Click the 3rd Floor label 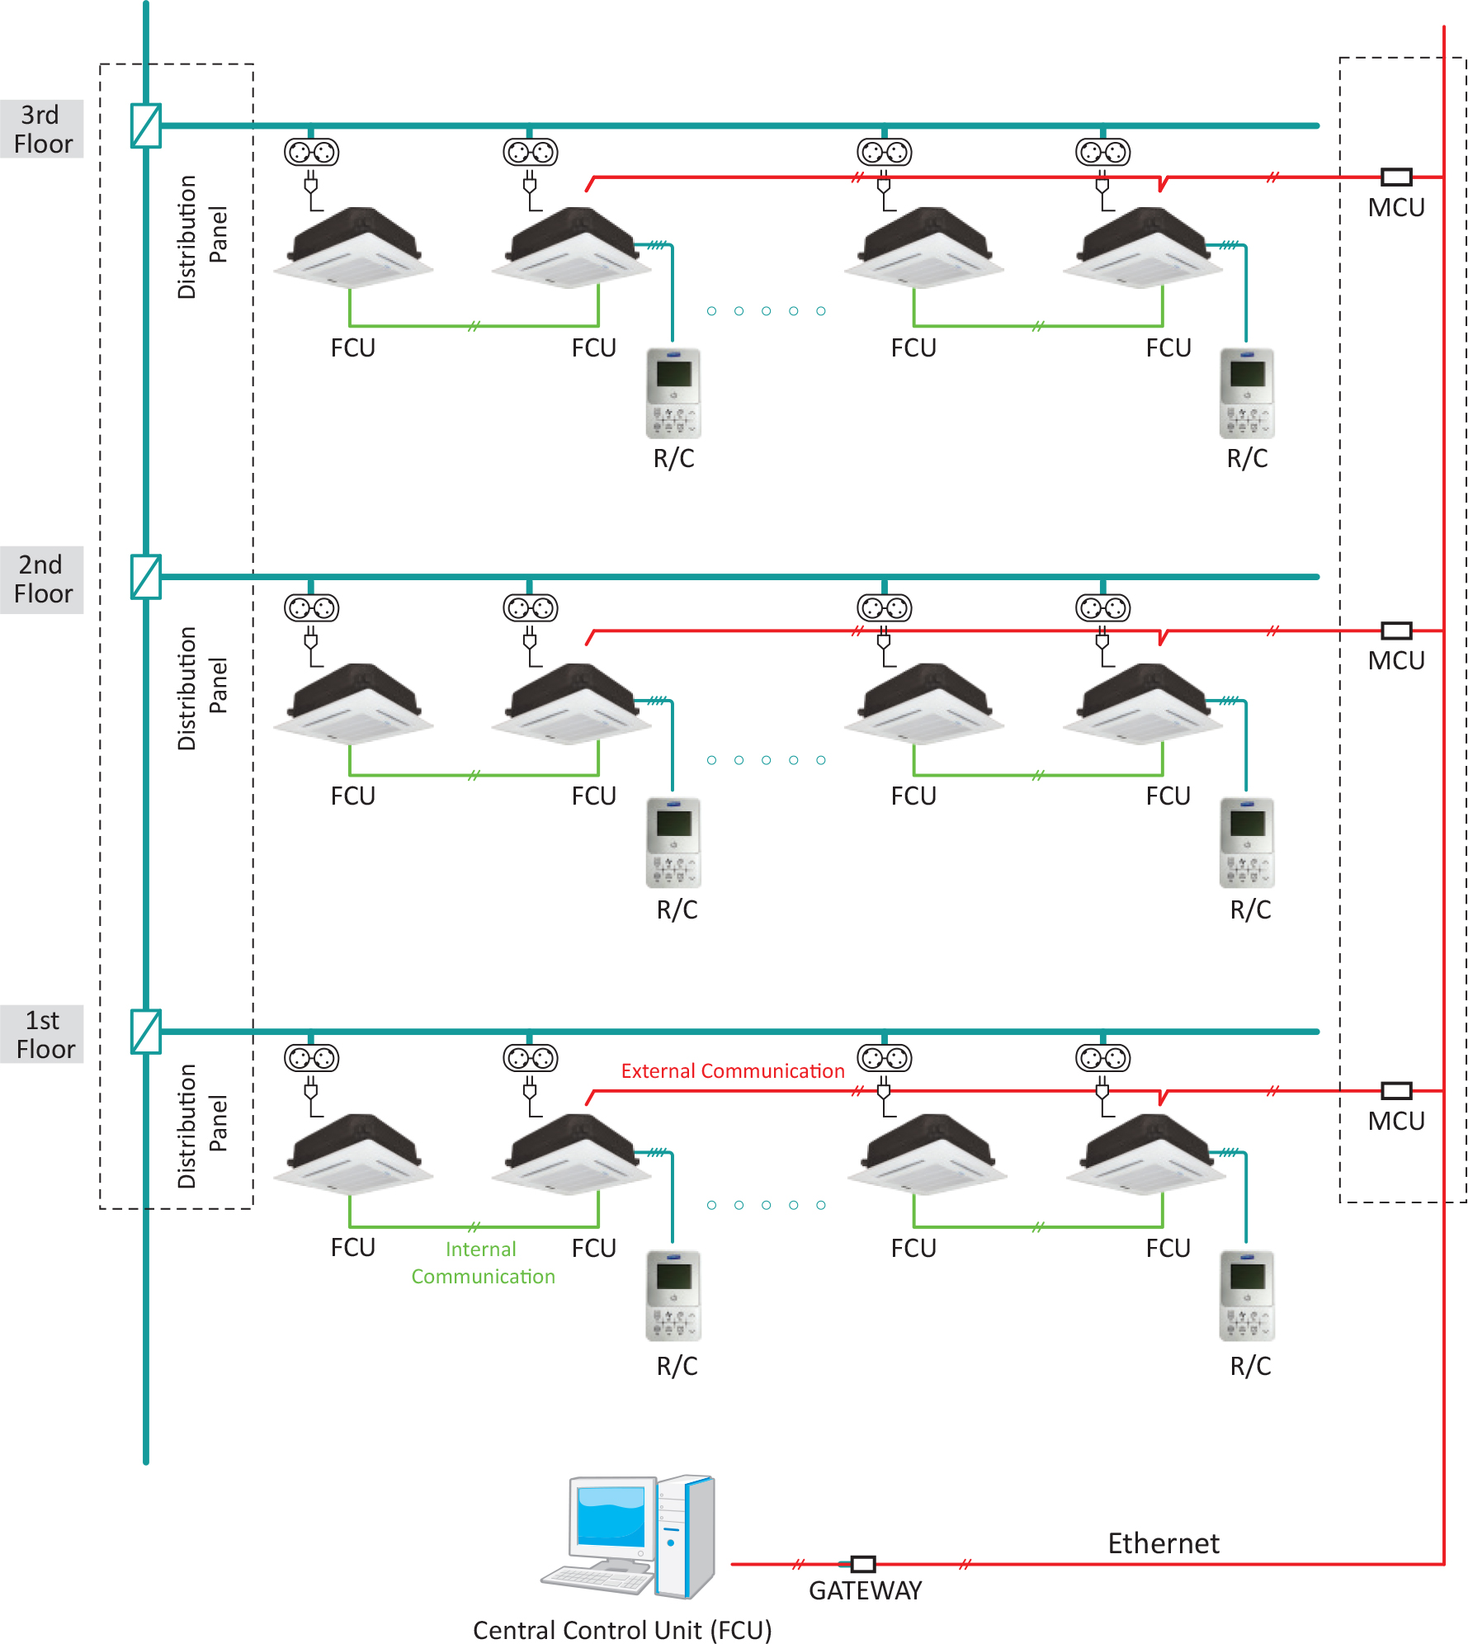[42, 130]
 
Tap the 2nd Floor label [42, 579]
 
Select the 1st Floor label [43, 1035]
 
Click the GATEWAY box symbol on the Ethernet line [863, 1564]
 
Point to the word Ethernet [1163, 1543]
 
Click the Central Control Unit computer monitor [610, 1519]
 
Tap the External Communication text [733, 1071]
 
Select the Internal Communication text [483, 1263]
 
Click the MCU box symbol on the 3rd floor [1396, 177]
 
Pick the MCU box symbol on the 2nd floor [1396, 631]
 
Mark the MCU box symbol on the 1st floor [1396, 1091]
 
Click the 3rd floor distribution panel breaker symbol [146, 125]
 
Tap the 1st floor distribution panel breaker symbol [146, 1032]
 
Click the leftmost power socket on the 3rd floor [311, 152]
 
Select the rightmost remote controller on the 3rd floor [1247, 393]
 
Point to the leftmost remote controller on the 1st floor [673, 1296]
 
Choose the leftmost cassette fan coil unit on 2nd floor [353, 703]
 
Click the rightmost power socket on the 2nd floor [1102, 608]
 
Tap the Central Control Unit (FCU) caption [622, 1630]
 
